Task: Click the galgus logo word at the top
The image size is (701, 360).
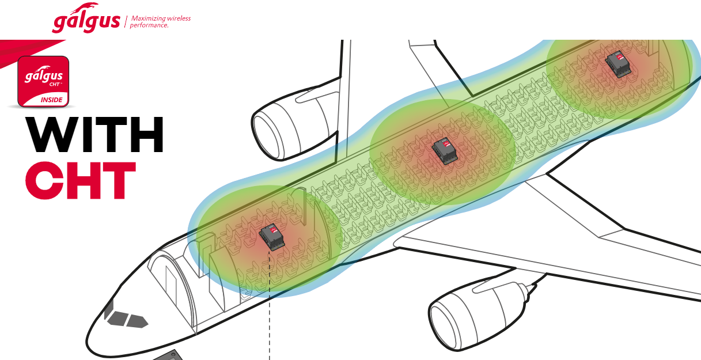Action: point(86,20)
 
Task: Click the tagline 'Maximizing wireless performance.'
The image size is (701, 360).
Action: point(160,22)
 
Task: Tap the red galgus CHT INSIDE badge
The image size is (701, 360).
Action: point(43,82)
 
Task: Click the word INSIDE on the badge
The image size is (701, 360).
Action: point(52,100)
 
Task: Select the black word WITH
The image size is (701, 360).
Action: point(94,135)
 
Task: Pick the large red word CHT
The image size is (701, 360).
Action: point(81,181)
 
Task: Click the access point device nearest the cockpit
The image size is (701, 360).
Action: point(272,237)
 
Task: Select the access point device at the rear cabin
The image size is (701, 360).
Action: point(618,65)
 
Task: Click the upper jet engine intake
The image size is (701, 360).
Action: point(267,135)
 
